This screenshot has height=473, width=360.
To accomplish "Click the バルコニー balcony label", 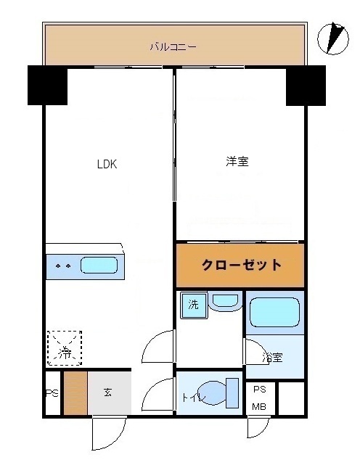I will coord(173,47).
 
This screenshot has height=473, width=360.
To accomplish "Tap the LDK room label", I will coord(107,163).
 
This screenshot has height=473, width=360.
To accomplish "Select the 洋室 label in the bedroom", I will coord(237,162).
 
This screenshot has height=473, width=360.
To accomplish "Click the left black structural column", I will coord(47,85).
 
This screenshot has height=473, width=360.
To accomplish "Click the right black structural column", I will coord(305,85).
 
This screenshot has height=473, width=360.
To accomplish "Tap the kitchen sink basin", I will coord(99,266).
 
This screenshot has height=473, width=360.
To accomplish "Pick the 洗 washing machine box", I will coord(194,305).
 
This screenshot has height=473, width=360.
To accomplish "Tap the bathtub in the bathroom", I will coord(274,313).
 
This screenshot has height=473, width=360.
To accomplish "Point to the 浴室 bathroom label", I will coord(273,357).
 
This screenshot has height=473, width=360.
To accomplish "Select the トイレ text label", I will coord(192,397).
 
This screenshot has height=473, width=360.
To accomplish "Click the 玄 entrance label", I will coord(107,392).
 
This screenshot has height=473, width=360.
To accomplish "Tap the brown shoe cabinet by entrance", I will coord(75,392).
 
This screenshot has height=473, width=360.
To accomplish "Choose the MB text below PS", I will coord(259,406).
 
